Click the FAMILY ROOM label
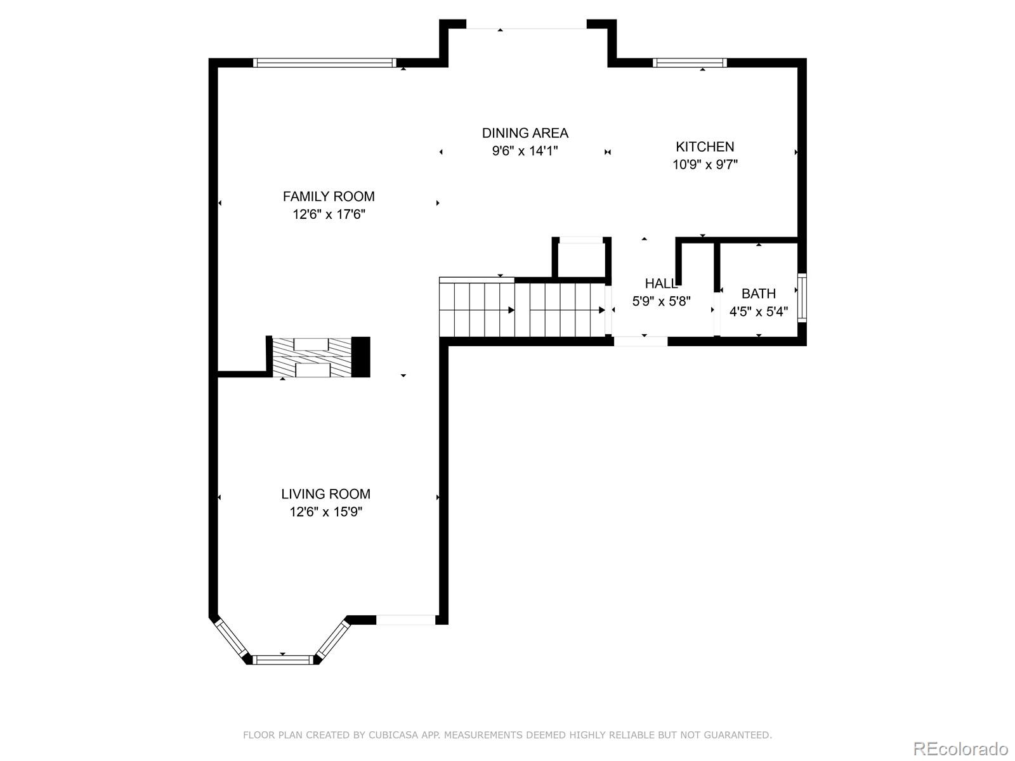(x=329, y=197)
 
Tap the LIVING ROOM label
(x=325, y=494)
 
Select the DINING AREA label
(x=525, y=133)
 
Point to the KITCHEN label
(x=705, y=147)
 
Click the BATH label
(x=759, y=294)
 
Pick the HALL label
(x=660, y=283)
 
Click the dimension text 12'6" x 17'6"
(x=329, y=214)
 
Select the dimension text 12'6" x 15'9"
(x=325, y=512)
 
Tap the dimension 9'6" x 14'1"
(x=525, y=151)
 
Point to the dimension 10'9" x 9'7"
(x=705, y=165)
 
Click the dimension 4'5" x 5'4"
(x=759, y=311)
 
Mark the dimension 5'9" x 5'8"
(x=661, y=301)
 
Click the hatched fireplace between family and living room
(x=311, y=358)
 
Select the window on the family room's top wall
(x=324, y=62)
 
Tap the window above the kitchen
(x=690, y=62)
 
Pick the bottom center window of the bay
(x=282, y=660)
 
